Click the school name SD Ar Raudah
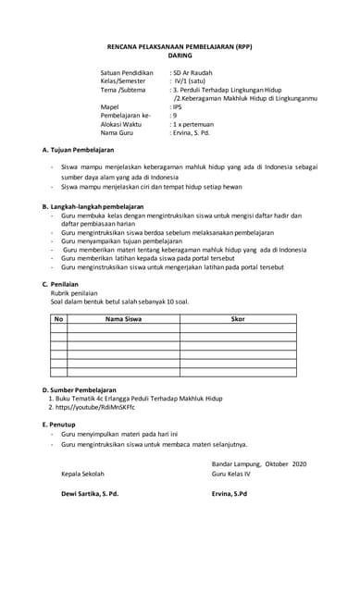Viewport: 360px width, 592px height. pyautogui.click(x=195, y=72)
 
